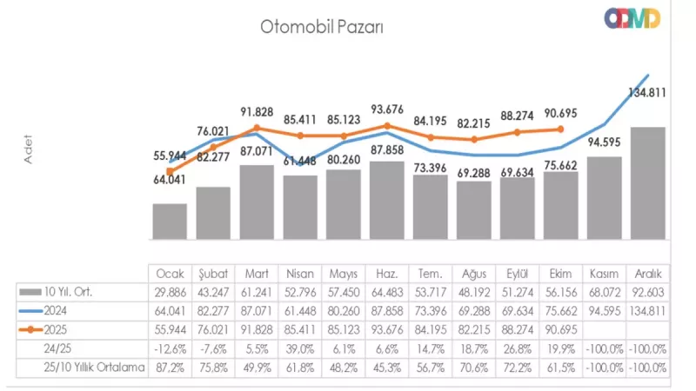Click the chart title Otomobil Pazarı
click(322, 26)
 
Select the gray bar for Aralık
click(647, 183)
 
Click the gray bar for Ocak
click(170, 222)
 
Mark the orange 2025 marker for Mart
click(257, 129)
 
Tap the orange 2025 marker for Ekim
click(560, 129)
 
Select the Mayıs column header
click(343, 272)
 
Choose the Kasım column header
click(604, 272)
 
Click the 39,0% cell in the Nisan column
click(299, 348)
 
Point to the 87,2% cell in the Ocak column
click(170, 368)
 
